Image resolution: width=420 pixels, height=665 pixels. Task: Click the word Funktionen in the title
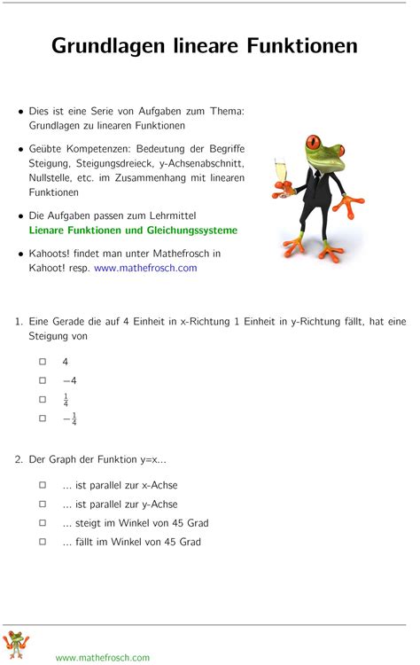click(x=303, y=45)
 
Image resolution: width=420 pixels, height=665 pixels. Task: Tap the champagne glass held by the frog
click(x=281, y=172)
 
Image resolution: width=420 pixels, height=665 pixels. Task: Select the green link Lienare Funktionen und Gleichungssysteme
click(x=133, y=231)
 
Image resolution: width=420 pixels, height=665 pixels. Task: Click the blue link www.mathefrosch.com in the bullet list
click(x=145, y=268)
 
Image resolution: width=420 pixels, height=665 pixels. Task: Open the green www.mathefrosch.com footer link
click(x=103, y=657)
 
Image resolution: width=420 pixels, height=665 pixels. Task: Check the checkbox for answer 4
click(x=42, y=362)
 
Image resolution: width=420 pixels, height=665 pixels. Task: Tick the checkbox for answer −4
click(x=42, y=380)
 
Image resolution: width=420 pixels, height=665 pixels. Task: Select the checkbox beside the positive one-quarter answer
click(x=42, y=399)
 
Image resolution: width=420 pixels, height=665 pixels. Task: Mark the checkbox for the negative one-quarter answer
click(x=42, y=418)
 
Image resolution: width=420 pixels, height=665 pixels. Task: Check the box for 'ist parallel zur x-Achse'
click(x=42, y=485)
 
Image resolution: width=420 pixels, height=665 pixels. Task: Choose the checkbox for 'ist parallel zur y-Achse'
click(x=42, y=504)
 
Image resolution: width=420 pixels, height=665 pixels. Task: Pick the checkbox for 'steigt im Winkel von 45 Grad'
click(x=42, y=522)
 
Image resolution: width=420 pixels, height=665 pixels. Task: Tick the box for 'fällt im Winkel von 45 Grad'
click(x=42, y=541)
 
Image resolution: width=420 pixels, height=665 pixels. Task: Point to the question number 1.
click(x=18, y=322)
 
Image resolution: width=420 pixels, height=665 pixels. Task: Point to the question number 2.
click(x=18, y=459)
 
